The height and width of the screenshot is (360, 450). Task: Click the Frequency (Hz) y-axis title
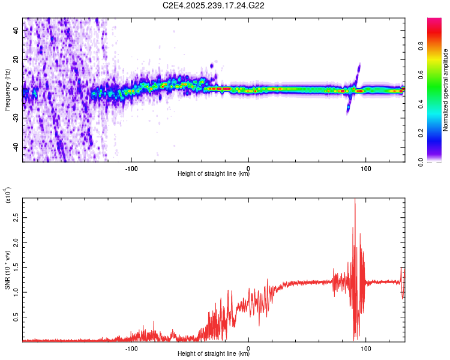pos(7,91)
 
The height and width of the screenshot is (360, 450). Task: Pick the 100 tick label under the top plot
pos(365,169)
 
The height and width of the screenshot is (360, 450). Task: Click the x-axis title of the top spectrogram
pos(214,174)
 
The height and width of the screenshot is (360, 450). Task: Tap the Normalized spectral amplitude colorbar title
pos(446,90)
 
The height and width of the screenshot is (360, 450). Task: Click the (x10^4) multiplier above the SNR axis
pos(8,195)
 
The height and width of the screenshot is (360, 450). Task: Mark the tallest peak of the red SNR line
pos(355,200)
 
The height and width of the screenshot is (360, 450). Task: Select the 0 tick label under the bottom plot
pos(249,347)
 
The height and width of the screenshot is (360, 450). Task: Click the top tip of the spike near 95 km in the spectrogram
pos(359,64)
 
